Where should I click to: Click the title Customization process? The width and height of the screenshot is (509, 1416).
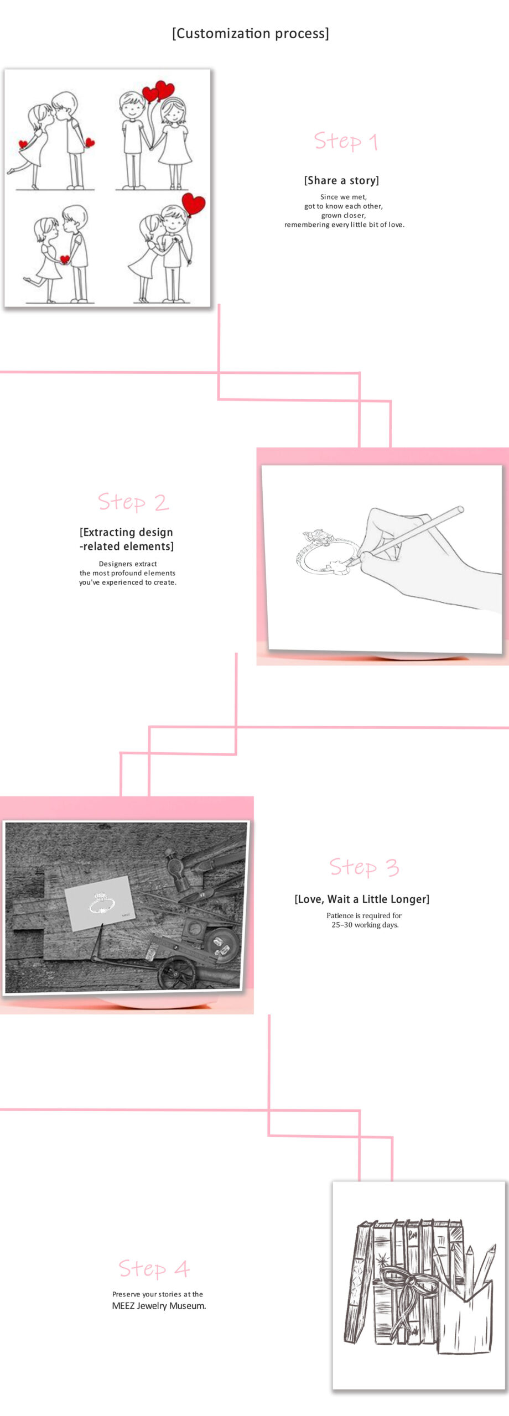click(x=251, y=34)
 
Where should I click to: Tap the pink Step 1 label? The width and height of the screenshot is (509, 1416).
click(x=346, y=142)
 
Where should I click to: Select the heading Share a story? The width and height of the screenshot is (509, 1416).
click(x=341, y=180)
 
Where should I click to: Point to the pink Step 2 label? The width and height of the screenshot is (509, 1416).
click(x=133, y=502)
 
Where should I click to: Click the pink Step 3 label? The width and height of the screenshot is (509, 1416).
click(x=364, y=867)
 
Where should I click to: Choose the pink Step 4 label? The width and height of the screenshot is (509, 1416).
click(x=154, y=1268)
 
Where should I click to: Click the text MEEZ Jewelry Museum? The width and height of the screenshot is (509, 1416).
click(x=159, y=1306)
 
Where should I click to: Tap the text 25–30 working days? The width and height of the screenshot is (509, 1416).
click(x=365, y=925)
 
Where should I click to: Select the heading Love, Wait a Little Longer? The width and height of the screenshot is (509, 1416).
click(x=362, y=899)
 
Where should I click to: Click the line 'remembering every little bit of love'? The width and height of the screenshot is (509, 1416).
click(x=344, y=225)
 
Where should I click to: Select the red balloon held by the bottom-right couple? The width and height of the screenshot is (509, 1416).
click(x=194, y=204)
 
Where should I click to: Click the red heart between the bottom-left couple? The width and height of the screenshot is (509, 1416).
click(x=65, y=259)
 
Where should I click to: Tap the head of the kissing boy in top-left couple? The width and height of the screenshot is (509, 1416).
click(x=64, y=105)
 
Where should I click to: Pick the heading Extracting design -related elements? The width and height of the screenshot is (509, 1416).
click(x=127, y=539)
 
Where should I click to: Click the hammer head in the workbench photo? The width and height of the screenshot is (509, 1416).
click(x=178, y=869)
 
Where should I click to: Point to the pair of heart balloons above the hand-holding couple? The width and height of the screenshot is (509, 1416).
click(x=158, y=91)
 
